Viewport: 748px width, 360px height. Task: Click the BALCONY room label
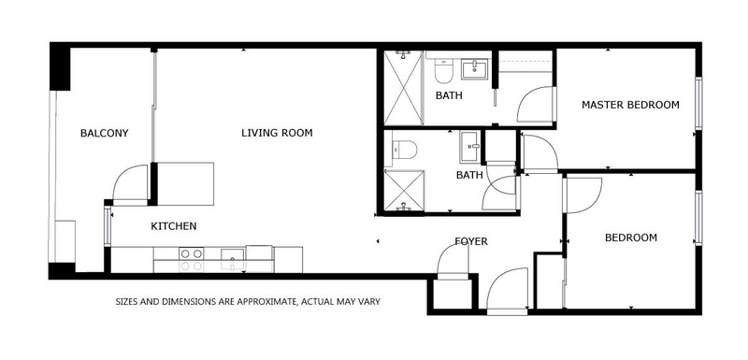104,133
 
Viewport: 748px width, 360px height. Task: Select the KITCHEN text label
173,226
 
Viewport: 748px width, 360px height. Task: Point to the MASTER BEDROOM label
630,105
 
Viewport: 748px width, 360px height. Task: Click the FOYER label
471,241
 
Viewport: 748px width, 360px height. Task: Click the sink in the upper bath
475,69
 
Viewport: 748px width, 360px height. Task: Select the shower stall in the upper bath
403,88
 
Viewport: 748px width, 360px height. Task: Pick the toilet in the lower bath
405,150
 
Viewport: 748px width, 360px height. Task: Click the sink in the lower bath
470,150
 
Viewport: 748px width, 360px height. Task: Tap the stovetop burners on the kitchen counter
190,260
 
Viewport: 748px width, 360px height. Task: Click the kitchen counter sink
232,259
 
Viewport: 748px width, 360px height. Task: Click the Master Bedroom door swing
536,105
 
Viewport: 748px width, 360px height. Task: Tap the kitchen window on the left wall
107,227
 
